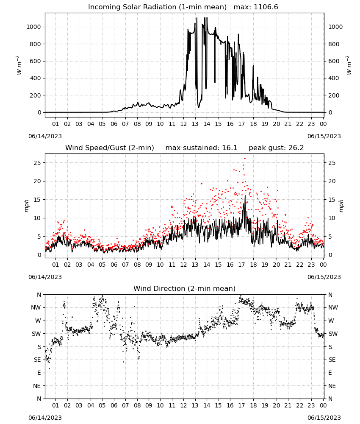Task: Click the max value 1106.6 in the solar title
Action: [x=266, y=7]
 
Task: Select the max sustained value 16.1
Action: [x=230, y=148]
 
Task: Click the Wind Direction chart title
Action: [x=185, y=288]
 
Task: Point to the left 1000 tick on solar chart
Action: [x=33, y=27]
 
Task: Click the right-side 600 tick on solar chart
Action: [x=334, y=61]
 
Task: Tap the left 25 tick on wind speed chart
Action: [x=37, y=163]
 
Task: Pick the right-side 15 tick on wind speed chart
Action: [x=332, y=200]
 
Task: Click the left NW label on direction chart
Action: [x=36, y=308]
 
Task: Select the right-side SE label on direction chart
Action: [x=332, y=360]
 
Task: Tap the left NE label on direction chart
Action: [x=37, y=386]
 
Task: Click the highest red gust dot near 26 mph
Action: [x=245, y=159]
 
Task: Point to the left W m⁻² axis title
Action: [x=19, y=65]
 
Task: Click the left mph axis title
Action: [x=26, y=206]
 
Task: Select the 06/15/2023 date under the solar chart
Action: [x=324, y=136]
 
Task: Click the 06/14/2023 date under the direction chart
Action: [x=45, y=418]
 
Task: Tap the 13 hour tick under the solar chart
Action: [x=195, y=124]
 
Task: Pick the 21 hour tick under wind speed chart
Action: [x=288, y=265]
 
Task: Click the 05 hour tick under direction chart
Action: [x=102, y=405]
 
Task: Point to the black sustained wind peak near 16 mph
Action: [x=245, y=196]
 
